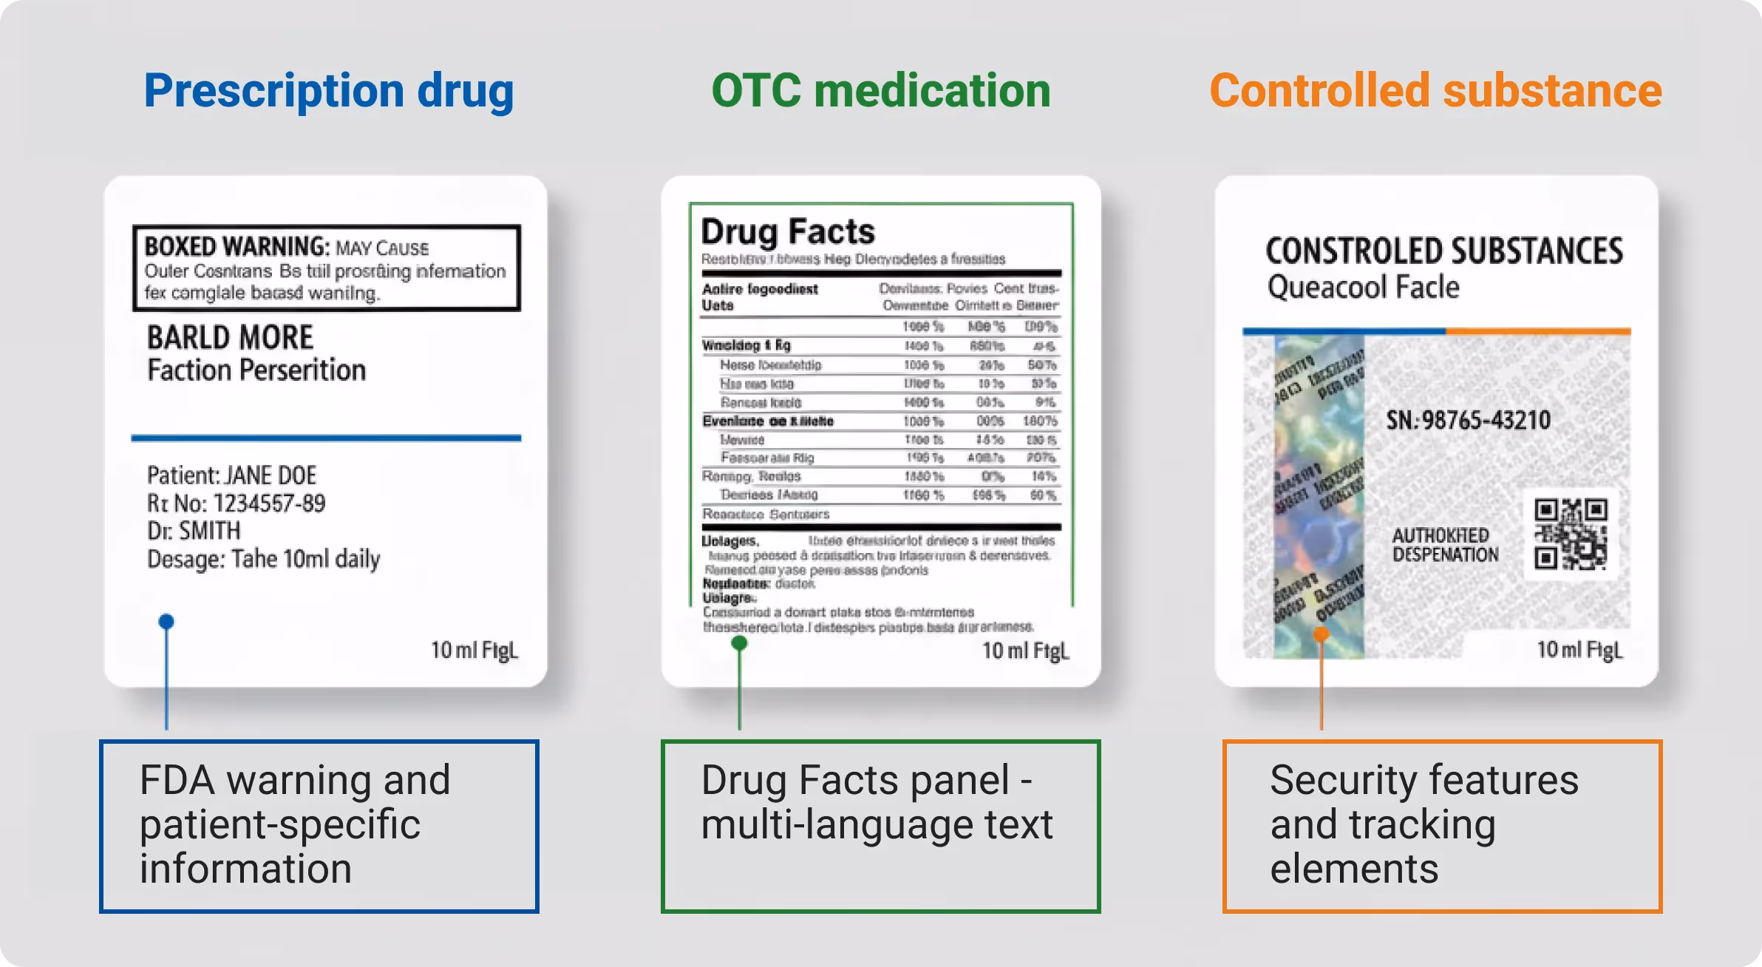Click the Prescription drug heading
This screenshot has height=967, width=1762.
coord(328,92)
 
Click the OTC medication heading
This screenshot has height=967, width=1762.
coord(880,92)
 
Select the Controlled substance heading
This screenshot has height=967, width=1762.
coord(1435,92)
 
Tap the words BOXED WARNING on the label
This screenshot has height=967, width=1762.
coord(237,246)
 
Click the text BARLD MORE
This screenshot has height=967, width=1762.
coord(230,338)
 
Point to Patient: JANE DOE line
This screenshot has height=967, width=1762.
coord(231,475)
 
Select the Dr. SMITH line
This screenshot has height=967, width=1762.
coord(194,531)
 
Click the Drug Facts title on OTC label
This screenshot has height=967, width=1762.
coord(788,232)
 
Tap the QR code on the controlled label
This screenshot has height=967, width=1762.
coord(1570,534)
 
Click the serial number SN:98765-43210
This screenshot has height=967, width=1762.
coord(1468,420)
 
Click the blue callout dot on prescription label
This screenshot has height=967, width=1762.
coord(166,622)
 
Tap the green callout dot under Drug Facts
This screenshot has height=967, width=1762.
coord(739,643)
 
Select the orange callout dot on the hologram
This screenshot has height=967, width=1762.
coord(1321,634)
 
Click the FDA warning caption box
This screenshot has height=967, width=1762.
coord(319,826)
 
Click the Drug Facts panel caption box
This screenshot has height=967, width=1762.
coord(880,826)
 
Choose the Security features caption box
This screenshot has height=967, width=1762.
coord(1441,826)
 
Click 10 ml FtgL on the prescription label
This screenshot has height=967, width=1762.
coord(474,651)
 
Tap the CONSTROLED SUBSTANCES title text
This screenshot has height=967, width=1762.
coord(1444,251)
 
